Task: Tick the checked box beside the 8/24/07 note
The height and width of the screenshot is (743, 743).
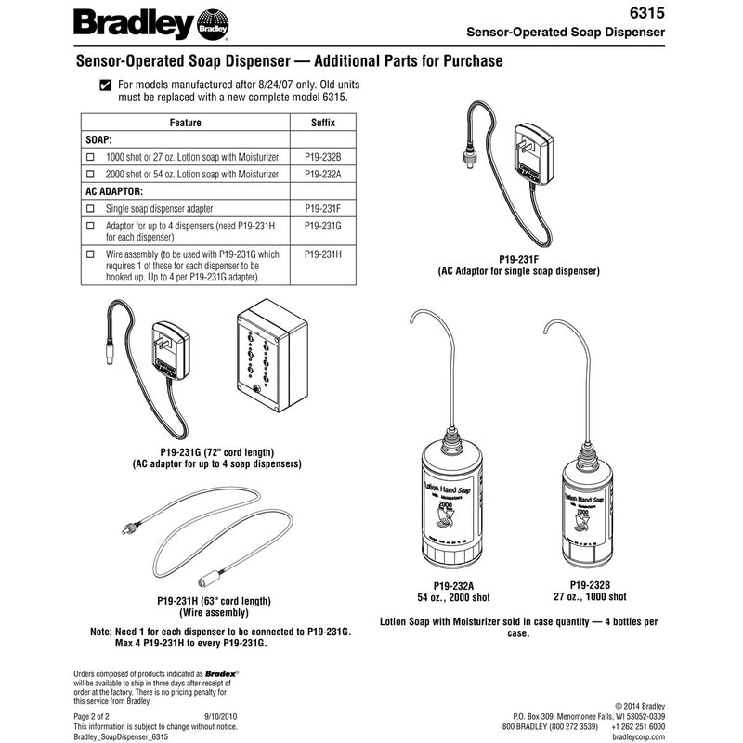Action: coord(105,86)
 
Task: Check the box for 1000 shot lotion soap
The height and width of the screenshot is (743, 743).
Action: coord(90,158)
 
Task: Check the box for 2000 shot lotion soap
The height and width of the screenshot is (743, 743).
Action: coord(90,174)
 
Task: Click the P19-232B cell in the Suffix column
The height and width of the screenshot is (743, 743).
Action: coord(322,158)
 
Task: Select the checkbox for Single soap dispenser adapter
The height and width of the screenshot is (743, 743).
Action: coord(90,209)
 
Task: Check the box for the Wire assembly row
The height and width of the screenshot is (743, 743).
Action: coord(90,254)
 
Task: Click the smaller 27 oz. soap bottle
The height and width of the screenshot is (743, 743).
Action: coord(587,515)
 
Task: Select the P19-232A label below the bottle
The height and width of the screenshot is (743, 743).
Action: coord(445,585)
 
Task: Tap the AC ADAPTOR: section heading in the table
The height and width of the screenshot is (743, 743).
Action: coord(115,191)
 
